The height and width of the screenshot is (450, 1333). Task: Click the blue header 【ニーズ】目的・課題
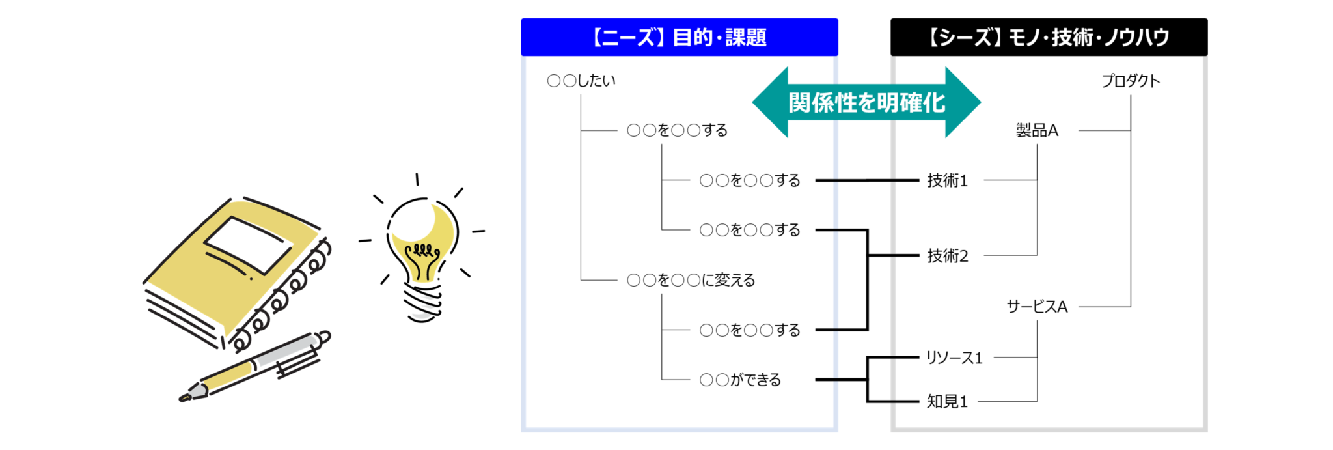coord(679,37)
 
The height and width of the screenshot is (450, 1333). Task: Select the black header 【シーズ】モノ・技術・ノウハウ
coord(1049,37)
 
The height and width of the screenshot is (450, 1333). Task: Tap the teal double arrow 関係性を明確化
coord(866,102)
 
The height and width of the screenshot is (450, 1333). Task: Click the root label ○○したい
coord(581,81)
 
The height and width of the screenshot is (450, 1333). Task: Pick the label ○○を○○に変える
coord(691,280)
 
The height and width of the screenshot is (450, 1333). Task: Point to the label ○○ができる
coord(740,380)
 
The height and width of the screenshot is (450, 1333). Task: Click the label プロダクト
coord(1131,81)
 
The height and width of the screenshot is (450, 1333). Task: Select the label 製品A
coord(1037,130)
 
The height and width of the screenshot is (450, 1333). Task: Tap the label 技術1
coord(947,180)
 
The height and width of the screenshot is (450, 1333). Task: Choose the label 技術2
coord(947,256)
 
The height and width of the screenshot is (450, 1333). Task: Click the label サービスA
coord(1037,306)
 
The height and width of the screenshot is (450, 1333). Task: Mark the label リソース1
coord(954,358)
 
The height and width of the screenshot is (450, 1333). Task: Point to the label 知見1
coord(947,402)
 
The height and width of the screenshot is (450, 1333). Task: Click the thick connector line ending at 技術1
coord(866,180)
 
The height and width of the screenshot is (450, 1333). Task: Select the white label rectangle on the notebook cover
coord(248,244)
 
